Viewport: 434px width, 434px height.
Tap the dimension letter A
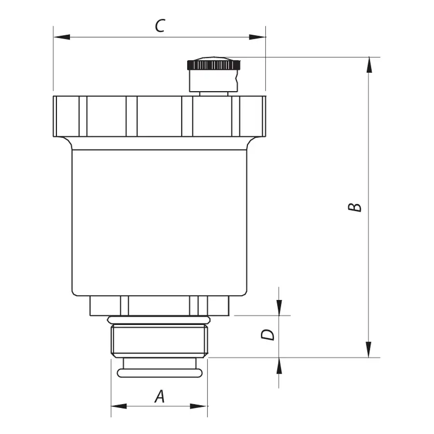pyautogui.click(x=160, y=396)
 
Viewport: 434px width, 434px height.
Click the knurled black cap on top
pyautogui.click(x=214, y=64)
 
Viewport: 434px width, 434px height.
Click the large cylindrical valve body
pyautogui.click(x=159, y=222)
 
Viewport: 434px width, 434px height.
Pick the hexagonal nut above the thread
pyautogui.click(x=159, y=306)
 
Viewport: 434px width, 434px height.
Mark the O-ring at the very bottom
pyautogui.click(x=159, y=373)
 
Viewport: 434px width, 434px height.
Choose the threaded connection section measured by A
pyautogui.click(x=159, y=340)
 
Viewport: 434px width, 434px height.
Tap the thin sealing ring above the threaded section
pyautogui.click(x=159, y=320)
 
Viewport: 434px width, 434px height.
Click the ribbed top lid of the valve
pyautogui.click(x=159, y=116)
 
